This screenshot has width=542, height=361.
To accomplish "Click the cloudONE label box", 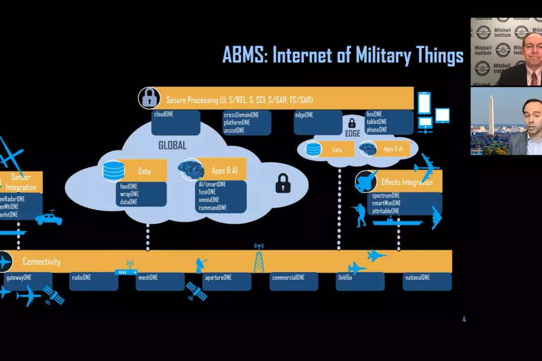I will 176,122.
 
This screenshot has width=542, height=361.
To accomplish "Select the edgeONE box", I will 318,122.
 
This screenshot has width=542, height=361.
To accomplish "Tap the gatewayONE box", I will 28,281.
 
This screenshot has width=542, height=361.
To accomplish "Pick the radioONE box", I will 93,282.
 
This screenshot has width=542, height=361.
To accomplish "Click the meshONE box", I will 160,282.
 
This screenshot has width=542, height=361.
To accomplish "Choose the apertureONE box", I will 226,282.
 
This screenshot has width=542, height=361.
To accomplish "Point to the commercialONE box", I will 293,282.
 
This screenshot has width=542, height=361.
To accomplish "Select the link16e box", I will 360,282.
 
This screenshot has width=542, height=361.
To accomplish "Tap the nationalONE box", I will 427,282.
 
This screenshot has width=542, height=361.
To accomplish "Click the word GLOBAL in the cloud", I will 172,146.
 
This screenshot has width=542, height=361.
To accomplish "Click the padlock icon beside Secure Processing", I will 149,98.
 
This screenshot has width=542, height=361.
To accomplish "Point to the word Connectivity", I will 42,262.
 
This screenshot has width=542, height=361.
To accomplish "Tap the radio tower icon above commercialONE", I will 259,258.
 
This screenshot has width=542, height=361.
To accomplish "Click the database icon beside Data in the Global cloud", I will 113,171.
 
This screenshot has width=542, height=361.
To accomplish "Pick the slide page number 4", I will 464,319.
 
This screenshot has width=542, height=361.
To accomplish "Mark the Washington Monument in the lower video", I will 491,114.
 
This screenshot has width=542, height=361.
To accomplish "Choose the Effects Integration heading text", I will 407,182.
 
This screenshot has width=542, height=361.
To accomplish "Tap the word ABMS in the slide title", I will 244,55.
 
